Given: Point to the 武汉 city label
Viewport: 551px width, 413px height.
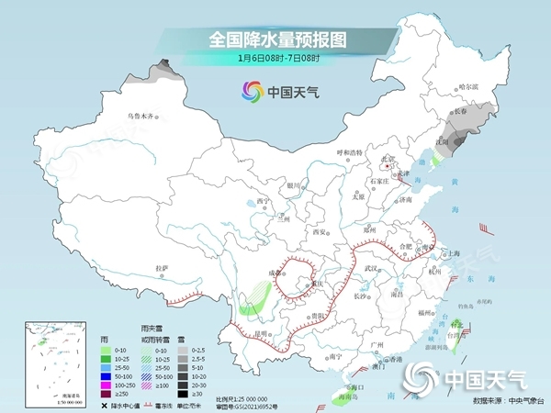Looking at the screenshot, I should coord(371,267).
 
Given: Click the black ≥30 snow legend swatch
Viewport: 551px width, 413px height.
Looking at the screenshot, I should coord(183,392).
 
